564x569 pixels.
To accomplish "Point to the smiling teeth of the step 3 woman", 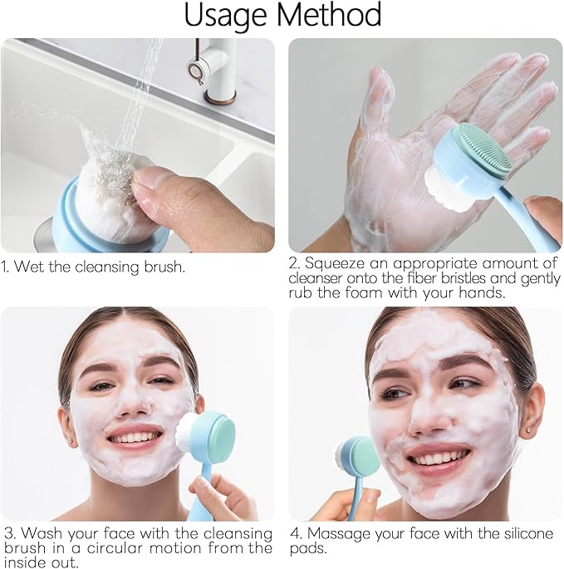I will pos(134,437).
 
